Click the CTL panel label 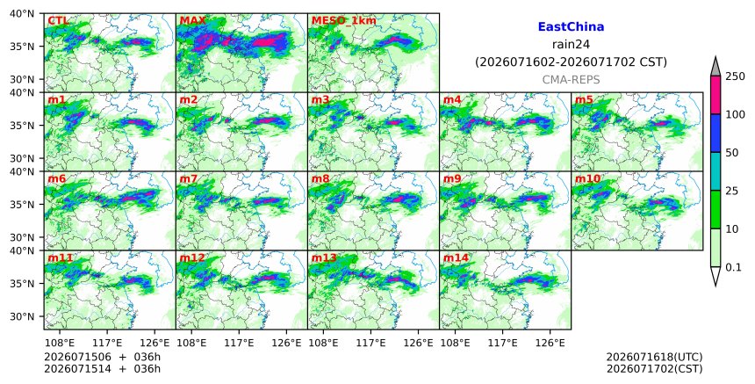coord(58,21)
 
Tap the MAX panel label coord(192,21)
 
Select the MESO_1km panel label coord(344,21)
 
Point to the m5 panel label coord(584,99)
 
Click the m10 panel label coord(587,178)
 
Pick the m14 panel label coord(456,257)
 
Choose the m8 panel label coord(320,178)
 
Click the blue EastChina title coord(571,27)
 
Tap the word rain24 coord(571,44)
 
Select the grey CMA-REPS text coord(571,79)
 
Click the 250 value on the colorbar coord(735,76)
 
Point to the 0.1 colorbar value coord(733,267)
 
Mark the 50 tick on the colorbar coord(732,153)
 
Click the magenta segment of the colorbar coord(715,95)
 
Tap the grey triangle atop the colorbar coord(715,67)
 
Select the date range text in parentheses coord(571,62)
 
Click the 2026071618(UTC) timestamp coord(654,357)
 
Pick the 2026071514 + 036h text coord(102,369)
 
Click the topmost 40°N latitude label coord(22,13)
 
